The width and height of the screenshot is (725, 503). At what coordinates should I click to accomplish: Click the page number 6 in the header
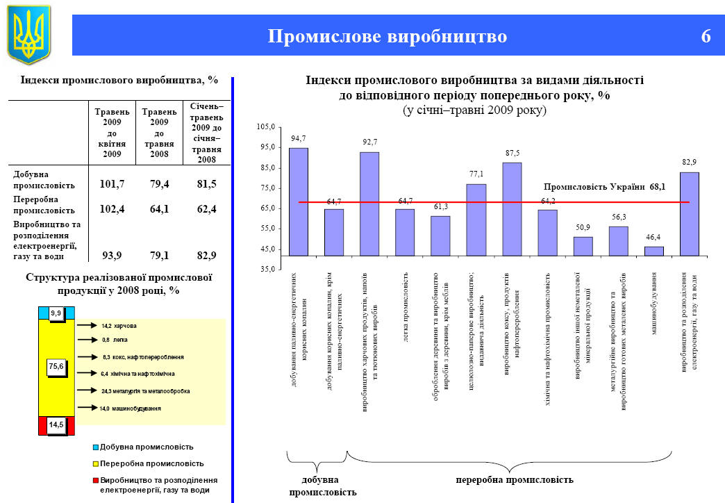(706, 37)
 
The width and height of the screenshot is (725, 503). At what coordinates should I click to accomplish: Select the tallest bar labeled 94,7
(299, 201)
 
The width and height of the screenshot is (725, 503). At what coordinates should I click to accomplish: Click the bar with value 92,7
(369, 204)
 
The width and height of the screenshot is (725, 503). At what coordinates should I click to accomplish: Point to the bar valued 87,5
(512, 208)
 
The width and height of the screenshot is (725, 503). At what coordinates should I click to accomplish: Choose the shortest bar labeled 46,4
(654, 251)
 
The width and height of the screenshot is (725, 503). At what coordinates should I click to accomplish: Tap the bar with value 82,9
(690, 213)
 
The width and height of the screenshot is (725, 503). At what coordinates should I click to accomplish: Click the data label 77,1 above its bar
(476, 174)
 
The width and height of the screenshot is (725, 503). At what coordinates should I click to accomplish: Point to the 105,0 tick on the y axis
(267, 126)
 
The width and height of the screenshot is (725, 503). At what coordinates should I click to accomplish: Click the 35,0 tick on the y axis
(267, 270)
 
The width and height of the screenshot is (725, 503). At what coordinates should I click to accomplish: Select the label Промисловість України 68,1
(604, 187)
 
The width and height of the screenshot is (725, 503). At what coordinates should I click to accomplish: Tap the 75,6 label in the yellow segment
(56, 366)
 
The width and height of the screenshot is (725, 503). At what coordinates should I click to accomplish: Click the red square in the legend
(95, 480)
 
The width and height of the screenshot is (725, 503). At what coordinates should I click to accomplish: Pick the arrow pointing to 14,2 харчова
(86, 324)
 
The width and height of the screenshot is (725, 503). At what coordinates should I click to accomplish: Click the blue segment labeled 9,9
(56, 313)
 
